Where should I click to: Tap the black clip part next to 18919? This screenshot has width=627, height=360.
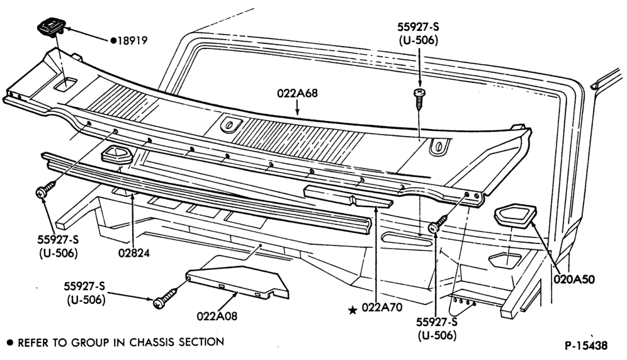[51, 28]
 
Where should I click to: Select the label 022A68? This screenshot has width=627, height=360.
[297, 93]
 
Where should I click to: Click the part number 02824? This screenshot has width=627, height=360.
[134, 253]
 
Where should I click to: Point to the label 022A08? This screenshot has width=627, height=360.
[217, 316]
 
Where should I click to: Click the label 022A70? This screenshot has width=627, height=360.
[382, 307]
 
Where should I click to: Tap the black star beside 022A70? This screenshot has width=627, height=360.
[353, 310]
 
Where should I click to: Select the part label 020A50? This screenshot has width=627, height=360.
[574, 279]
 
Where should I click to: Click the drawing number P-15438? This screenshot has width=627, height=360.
[586, 345]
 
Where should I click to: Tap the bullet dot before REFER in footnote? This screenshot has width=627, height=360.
[11, 343]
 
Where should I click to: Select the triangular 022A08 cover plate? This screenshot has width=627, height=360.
[237, 283]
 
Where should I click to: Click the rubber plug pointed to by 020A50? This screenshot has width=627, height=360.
[516, 215]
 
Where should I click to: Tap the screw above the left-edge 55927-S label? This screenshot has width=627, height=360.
[46, 189]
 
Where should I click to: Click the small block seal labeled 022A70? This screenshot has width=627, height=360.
[348, 197]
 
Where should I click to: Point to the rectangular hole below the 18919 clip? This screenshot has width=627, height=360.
[65, 85]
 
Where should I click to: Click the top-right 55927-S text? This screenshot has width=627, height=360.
[418, 27]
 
